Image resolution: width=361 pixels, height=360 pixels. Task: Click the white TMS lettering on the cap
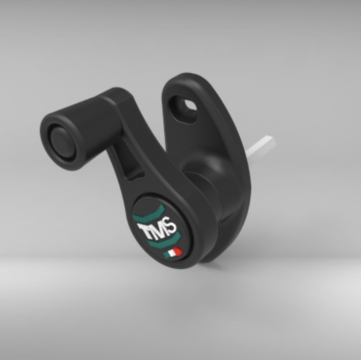157,229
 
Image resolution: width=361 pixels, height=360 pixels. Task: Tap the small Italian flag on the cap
173,253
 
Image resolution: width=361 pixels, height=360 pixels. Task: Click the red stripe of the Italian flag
178,251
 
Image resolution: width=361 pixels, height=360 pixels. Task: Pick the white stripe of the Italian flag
173,253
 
